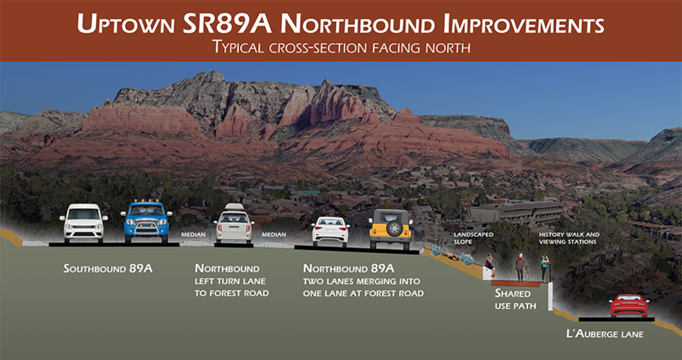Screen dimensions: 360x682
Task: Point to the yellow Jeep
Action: (390, 228)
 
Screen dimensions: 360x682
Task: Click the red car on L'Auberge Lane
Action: (628, 306)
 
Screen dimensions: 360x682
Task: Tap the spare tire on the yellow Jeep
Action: (395, 228)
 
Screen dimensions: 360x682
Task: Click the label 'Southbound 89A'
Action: (107, 268)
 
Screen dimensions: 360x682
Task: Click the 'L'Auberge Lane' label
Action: (605, 334)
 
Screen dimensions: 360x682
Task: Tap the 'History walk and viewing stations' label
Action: (568, 238)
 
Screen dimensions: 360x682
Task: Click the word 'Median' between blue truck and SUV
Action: (193, 235)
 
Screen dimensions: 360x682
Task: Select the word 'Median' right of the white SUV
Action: (273, 235)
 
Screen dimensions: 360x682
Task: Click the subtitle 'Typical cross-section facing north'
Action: (340, 48)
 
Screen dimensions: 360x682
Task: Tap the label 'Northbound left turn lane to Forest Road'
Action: (232, 281)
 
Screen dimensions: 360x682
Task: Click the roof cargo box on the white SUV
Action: (233, 208)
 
